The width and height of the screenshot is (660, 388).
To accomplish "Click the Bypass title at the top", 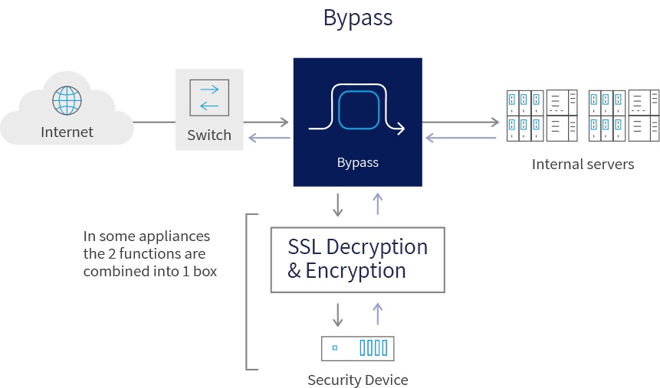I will (357, 18).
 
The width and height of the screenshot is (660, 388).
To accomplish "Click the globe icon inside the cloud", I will (67, 99).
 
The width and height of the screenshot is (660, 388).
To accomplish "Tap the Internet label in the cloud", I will (67, 132).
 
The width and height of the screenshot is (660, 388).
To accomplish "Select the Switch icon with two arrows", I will (209, 97).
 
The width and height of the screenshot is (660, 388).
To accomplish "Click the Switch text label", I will (209, 135).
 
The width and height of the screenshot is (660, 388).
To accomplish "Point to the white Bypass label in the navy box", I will (357, 162).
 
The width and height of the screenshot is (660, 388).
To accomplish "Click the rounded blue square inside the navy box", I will (359, 107).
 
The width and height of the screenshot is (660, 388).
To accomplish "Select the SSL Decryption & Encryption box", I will (357, 259).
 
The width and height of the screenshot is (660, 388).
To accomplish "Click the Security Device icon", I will (357, 348).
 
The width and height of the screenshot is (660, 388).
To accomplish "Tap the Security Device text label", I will (357, 380).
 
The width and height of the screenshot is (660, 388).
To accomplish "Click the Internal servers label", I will (583, 164).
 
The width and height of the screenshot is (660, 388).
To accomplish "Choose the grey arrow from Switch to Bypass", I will (267, 122).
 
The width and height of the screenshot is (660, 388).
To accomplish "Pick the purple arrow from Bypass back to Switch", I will (267, 138).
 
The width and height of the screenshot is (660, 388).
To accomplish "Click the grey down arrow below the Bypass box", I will (338, 204).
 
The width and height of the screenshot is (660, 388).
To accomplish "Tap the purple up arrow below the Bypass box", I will (376, 204).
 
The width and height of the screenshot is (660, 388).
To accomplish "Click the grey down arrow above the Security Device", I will (338, 314).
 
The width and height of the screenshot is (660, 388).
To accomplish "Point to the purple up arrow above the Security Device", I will (376, 314).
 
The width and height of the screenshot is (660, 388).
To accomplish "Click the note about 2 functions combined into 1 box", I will (150, 253).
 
